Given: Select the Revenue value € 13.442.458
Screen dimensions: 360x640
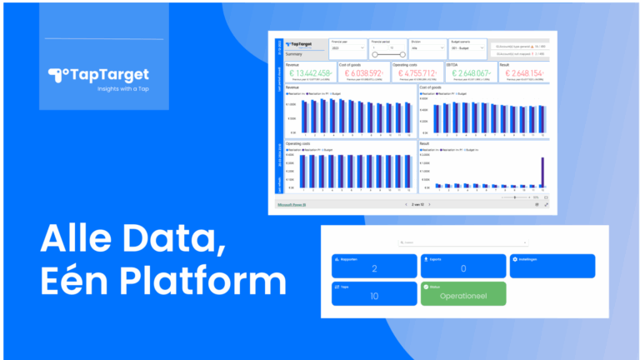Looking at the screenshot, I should [307, 73].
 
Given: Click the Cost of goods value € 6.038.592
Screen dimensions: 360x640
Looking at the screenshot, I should [361, 73].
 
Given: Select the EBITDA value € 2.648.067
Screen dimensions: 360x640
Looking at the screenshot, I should [472, 73].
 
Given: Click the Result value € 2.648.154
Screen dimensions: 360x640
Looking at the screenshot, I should [522, 73].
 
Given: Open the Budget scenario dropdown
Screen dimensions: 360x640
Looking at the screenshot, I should [467, 49].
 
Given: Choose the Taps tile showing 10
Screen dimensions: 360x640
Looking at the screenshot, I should [374, 294].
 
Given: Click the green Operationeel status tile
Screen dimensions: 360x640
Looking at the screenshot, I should [463, 294].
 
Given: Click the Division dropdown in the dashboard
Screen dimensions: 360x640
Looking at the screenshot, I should [427, 49].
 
